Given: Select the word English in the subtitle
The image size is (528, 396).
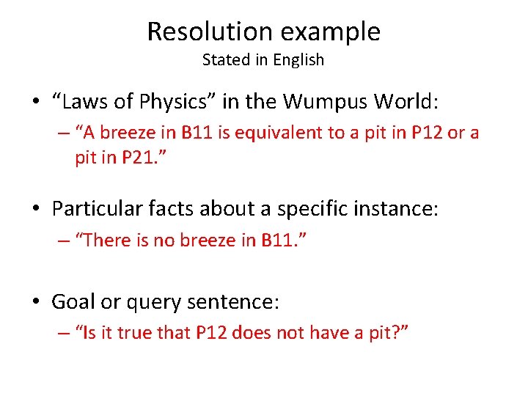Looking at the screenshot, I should click(298, 60).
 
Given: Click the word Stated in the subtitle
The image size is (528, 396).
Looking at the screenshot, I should click(225, 60).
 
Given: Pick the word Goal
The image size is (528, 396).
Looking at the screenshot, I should click(70, 301).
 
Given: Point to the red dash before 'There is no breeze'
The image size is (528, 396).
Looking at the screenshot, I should click(65, 241).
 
